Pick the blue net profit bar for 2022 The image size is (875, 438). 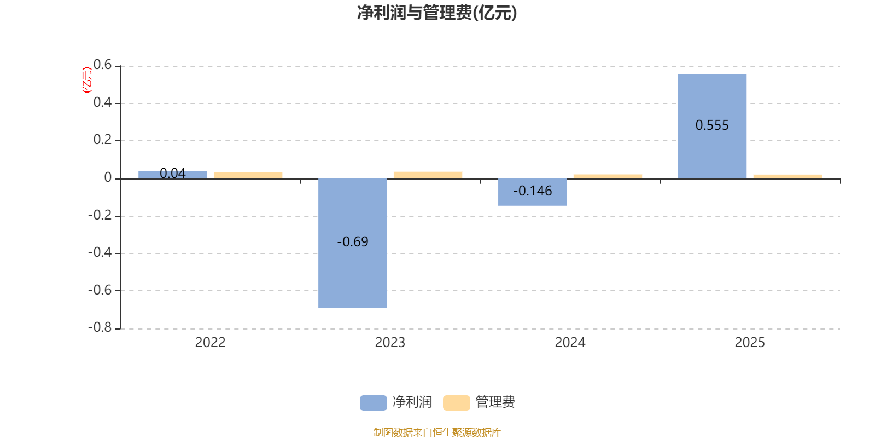click(x=173, y=175)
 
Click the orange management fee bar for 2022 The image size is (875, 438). click(x=248, y=175)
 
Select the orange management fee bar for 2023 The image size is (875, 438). click(x=428, y=175)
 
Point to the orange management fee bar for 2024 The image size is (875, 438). click(x=608, y=176)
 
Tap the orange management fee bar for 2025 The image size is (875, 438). click(x=787, y=176)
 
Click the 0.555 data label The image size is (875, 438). click(x=712, y=125)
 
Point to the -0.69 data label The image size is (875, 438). click(x=353, y=242)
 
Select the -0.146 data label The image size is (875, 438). click(x=532, y=191)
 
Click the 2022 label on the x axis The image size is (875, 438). click(x=210, y=343)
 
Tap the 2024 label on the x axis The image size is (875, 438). click(x=570, y=343)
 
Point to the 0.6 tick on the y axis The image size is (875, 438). click(x=102, y=65)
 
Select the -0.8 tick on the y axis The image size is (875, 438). click(x=100, y=328)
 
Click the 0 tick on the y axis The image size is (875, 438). click(x=108, y=178)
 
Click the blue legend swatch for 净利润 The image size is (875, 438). click(x=373, y=403)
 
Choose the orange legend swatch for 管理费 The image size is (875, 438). click(x=456, y=403)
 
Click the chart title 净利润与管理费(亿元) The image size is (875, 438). click(x=436, y=13)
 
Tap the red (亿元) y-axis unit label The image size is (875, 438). click(x=86, y=80)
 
